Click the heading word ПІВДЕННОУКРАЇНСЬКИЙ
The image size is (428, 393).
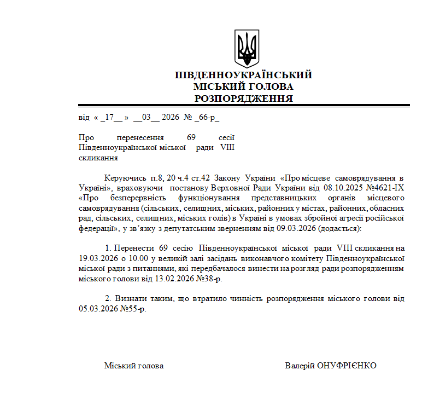point(243,75)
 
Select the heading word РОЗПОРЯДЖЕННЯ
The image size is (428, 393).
point(244,99)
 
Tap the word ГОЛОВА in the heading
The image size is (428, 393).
point(269,86)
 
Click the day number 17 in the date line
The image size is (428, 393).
point(109,117)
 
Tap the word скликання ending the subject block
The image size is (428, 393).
point(98,158)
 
